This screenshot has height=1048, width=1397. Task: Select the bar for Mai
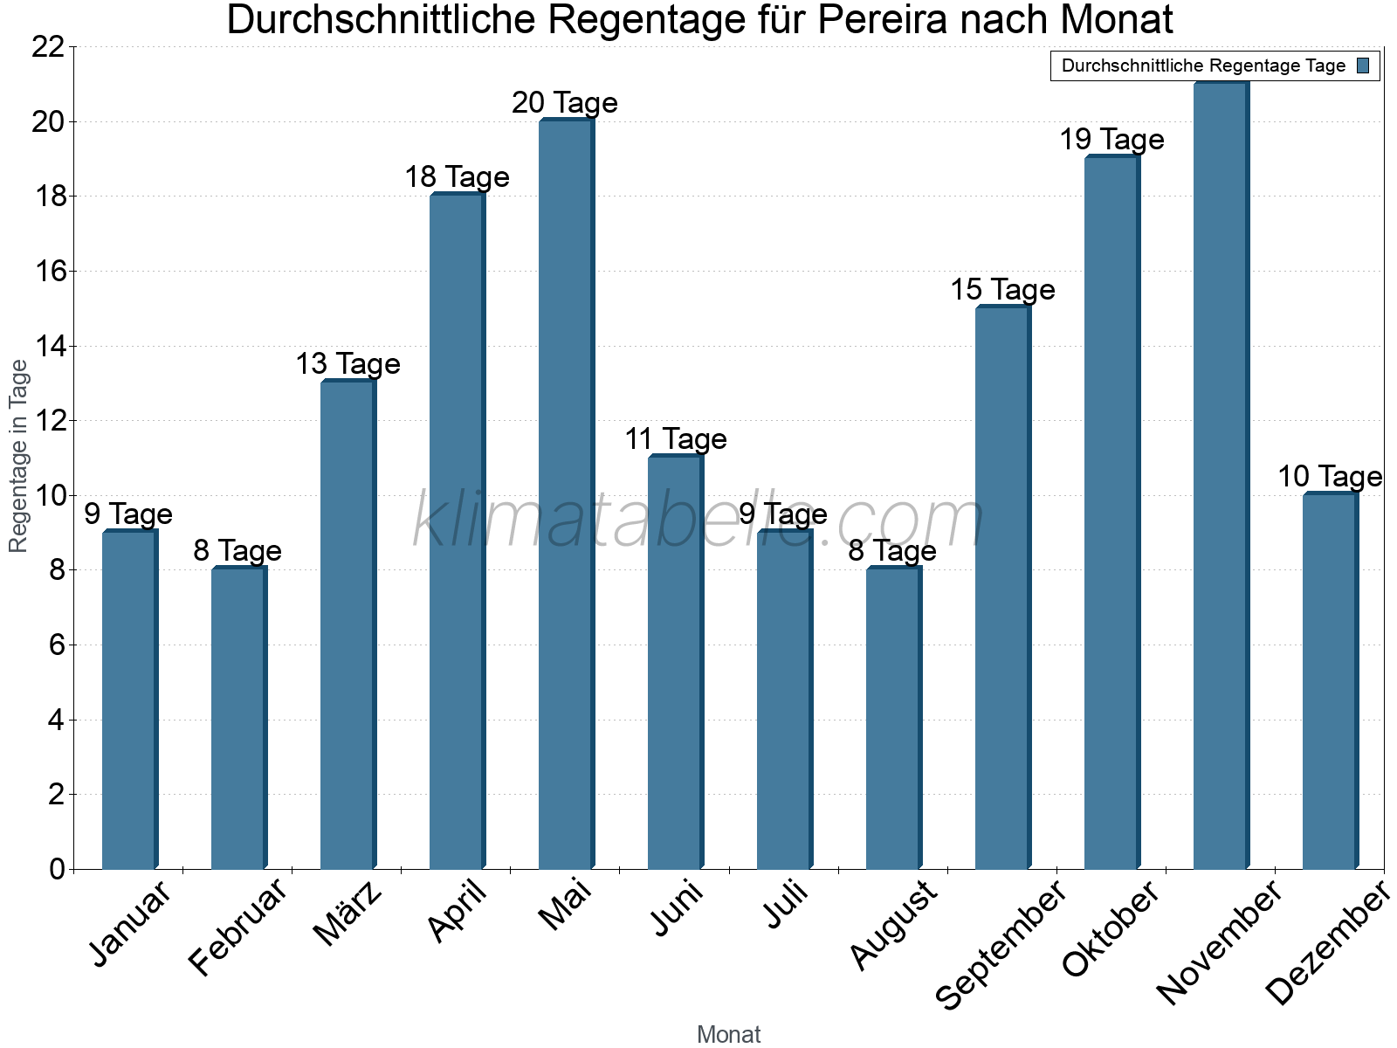coord(565,494)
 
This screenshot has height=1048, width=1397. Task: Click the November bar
coord(1220,476)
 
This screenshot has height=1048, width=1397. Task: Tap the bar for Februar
coord(237,719)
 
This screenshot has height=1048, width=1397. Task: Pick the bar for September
coord(1001,588)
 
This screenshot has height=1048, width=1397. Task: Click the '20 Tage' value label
coord(565,103)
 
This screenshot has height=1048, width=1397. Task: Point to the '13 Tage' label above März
coord(348,364)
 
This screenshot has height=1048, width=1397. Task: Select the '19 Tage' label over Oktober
coord(1111,140)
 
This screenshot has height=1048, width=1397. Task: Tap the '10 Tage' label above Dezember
coord(1330,477)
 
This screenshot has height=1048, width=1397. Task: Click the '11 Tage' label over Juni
coord(675,439)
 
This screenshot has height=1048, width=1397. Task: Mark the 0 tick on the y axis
coord(58,869)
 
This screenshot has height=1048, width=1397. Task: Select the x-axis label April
coord(457,913)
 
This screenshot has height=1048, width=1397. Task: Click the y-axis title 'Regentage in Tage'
coord(19,457)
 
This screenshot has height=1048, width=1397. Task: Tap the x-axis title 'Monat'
coord(729,1035)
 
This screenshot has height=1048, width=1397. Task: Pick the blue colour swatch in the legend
coord(1364,65)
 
